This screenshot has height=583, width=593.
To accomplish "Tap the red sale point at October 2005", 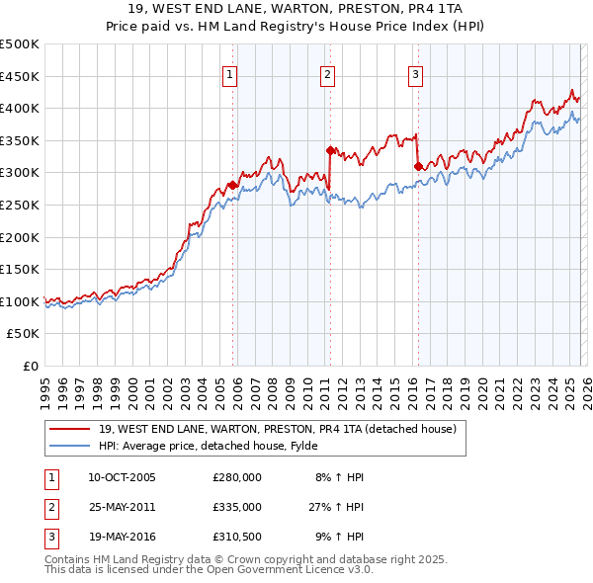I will (x=232, y=185).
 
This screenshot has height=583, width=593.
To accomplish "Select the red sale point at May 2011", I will (x=330, y=150).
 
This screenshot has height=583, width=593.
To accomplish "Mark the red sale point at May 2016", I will (x=417, y=166).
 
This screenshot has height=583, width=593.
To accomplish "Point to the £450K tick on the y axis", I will (x=20, y=76).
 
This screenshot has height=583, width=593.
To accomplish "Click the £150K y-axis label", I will (x=20, y=269).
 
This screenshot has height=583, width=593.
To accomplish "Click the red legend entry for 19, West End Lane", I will (x=277, y=429).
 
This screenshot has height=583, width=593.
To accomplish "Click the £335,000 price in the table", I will (x=237, y=507).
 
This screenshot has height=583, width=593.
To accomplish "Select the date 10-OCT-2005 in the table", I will (x=122, y=477).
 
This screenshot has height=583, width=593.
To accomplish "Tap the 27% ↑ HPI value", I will (x=336, y=507).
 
